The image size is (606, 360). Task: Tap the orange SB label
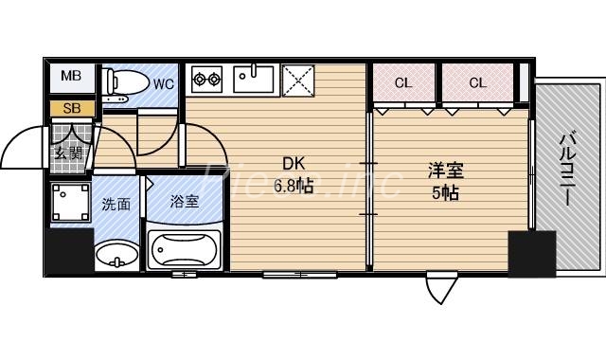[x=72, y=107]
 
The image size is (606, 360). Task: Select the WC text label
[x=164, y=83]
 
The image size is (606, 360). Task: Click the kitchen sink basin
[x=254, y=77]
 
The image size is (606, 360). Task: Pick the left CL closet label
[x=403, y=83]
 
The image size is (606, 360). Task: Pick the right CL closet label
[x=477, y=83]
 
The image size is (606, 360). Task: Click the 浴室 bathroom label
[x=184, y=201]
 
